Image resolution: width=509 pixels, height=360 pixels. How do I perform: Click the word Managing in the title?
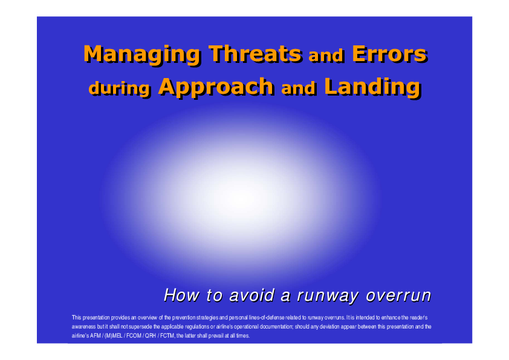coord(142,55)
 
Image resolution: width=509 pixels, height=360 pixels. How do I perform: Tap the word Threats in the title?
coord(255,53)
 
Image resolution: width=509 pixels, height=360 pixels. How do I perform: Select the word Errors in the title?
coord(389,54)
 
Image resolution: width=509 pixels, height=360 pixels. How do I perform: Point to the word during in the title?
coord(119,88)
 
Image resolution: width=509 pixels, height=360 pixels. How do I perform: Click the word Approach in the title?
coord(216,87)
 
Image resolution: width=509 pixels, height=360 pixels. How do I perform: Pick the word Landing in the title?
coord(372,87)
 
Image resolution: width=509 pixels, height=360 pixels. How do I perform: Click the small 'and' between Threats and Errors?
coord(326,56)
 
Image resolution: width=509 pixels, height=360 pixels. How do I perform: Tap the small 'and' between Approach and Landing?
coord(298,88)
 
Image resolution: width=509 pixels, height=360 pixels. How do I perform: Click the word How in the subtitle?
coord(181,295)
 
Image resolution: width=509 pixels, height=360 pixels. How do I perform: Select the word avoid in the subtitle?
coord(251,295)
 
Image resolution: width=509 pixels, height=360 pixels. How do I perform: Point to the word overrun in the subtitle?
coord(398,296)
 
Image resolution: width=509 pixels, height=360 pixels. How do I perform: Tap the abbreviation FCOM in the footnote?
coord(134,336)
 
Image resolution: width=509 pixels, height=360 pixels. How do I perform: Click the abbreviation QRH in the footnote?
coord(151,336)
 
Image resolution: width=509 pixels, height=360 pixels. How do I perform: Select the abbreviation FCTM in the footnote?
coord(167,336)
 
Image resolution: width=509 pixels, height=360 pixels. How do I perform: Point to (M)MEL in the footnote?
coord(113,336)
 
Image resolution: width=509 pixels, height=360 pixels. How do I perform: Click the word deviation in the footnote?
coord(329,327)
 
